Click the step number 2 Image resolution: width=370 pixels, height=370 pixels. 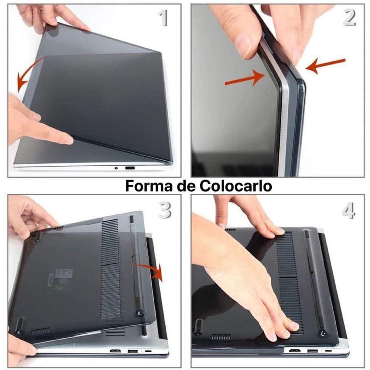[349, 18]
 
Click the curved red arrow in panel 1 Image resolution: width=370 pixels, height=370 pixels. [26, 74]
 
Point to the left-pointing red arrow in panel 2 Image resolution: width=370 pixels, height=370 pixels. [325, 66]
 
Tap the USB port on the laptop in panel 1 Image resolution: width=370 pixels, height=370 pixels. [130, 168]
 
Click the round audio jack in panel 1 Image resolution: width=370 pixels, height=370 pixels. [116, 168]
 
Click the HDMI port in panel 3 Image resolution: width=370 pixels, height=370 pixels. [115, 351]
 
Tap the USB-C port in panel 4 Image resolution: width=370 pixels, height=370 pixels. [329, 351]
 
